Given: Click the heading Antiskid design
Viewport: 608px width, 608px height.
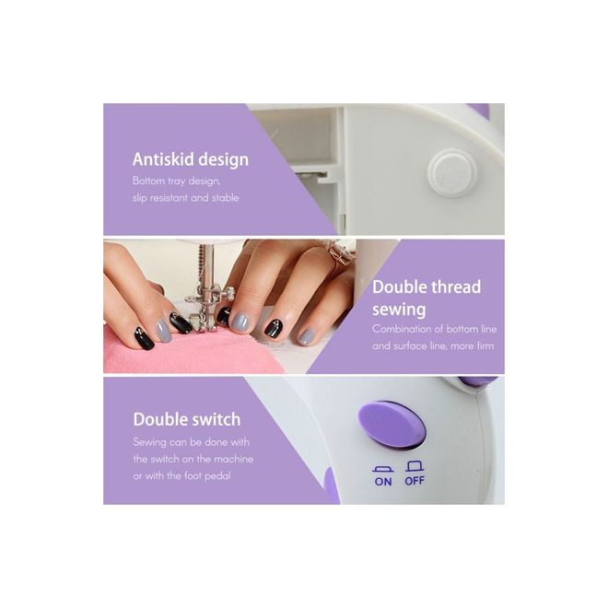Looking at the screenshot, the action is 191,159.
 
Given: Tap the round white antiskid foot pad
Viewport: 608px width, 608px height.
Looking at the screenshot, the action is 452,172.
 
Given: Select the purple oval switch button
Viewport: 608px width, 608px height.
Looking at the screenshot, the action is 392,424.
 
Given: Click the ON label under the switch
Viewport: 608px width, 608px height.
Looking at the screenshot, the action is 383,481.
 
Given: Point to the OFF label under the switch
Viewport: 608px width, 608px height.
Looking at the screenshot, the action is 415,481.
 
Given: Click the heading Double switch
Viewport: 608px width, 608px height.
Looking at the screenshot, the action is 187,419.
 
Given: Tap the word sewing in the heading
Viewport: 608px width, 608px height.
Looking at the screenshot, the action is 399,310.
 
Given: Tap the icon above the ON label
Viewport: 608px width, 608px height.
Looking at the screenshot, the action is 383,468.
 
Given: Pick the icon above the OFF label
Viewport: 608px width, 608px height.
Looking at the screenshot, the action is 415,466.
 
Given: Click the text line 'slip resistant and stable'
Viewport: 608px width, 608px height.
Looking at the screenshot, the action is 186,198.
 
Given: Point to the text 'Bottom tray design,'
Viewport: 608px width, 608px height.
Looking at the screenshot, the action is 177,181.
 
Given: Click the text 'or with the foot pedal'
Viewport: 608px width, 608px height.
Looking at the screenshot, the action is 181,475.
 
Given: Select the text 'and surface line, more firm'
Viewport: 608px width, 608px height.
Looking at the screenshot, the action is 433,345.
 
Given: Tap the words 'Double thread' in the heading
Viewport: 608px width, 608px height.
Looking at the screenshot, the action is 427,286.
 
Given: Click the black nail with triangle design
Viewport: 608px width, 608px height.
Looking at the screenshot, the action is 275,327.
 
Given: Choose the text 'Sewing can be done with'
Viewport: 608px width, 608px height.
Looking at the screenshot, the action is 192,442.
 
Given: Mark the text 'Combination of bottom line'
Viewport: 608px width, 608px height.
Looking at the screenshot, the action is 434,329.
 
